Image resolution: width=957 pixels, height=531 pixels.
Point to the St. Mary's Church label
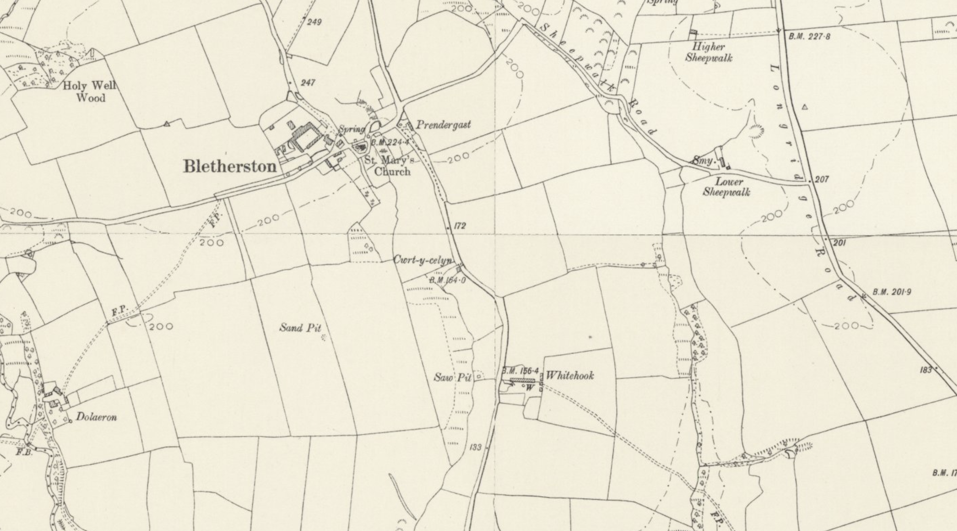click(389, 166)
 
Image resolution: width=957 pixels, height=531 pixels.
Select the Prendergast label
click(443, 125)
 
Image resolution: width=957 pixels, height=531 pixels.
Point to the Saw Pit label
click(453, 378)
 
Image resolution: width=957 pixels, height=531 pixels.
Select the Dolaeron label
click(97, 417)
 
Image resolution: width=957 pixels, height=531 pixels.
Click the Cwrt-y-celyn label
click(423, 260)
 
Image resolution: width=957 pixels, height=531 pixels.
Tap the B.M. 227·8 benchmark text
click(809, 36)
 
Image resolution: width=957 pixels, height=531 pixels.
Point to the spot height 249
click(314, 22)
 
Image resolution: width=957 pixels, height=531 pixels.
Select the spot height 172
click(460, 226)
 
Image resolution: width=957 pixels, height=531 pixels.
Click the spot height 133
click(476, 447)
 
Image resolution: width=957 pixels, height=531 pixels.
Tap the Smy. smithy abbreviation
click(703, 161)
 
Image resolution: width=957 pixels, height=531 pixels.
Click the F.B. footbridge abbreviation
click(24, 453)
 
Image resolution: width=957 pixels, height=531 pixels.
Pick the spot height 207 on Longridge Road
click(821, 180)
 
